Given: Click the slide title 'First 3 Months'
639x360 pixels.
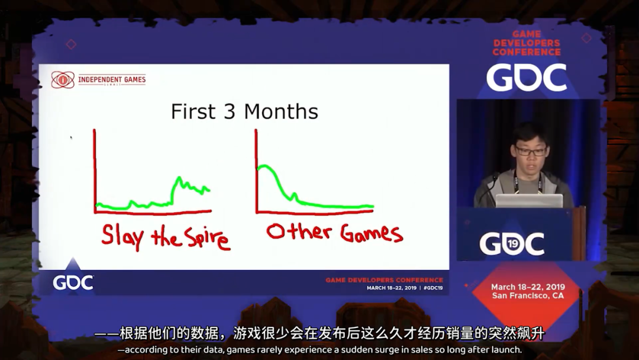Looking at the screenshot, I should tap(244, 111).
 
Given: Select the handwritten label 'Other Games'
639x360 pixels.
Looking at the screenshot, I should tap(334, 232).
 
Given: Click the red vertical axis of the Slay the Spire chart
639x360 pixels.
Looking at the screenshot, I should tap(95, 172).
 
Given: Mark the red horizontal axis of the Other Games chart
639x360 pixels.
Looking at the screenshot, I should tap(314, 212).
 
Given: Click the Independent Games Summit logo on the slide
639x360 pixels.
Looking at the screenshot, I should tap(98, 80).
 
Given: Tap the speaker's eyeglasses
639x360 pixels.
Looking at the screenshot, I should tap(531, 151).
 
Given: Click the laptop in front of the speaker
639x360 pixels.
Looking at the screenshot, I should tap(528, 201).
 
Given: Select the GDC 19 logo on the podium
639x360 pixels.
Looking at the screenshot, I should tap(512, 243).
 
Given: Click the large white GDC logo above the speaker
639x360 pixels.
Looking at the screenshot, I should tap(527, 78).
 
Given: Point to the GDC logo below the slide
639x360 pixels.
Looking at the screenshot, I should tap(73, 282).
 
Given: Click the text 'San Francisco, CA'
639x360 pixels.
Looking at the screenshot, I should tap(528, 295).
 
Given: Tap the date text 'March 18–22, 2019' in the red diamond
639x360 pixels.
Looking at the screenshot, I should tap(528, 287).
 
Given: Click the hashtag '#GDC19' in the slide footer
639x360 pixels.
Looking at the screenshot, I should tap(433, 288).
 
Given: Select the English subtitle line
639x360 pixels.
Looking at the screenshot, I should tap(319, 350).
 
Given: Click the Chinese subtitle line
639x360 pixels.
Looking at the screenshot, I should tap(319, 335).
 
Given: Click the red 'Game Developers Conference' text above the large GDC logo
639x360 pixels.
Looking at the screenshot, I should tap(527, 43).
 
